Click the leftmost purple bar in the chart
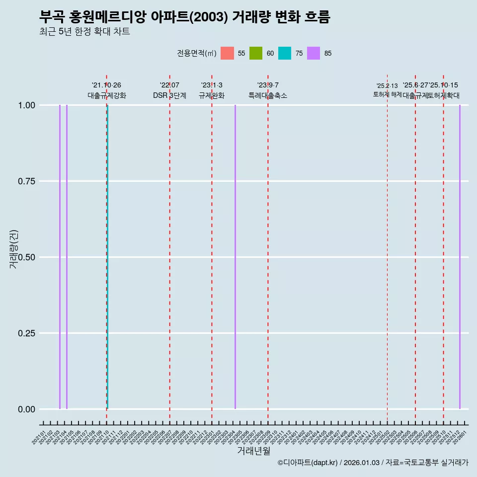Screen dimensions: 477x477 (60, 257)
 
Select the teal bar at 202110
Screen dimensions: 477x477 (107, 257)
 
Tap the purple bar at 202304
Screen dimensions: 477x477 (235, 257)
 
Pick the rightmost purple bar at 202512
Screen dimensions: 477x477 (460, 257)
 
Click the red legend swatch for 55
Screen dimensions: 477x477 (227, 53)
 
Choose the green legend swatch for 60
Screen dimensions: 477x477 (256, 53)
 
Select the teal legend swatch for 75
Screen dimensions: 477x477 (285, 53)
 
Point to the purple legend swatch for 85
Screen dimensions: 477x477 (314, 53)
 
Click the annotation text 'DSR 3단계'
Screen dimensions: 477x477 (169, 96)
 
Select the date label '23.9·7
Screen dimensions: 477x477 (268, 85)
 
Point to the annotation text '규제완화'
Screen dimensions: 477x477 (212, 96)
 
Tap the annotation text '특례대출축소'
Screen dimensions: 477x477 (268, 96)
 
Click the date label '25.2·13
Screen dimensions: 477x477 (387, 86)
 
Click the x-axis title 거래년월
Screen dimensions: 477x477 (253, 451)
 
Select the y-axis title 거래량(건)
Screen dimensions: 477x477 (14, 249)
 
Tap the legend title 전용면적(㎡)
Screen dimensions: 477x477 (196, 53)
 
